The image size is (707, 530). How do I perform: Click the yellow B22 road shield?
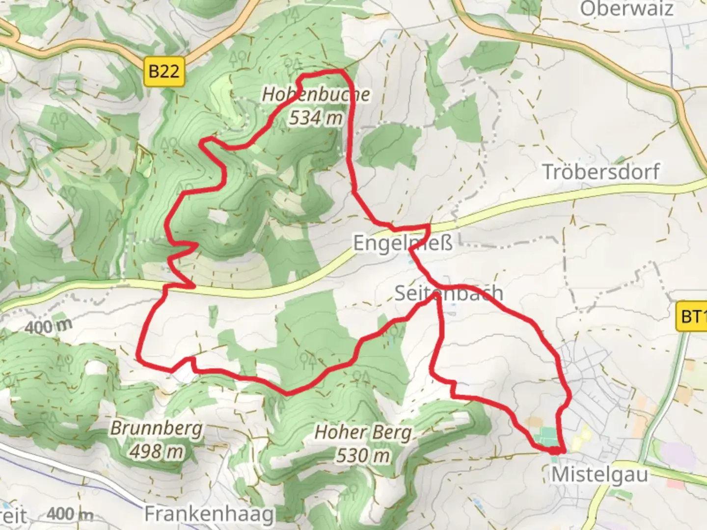click(x=164, y=72)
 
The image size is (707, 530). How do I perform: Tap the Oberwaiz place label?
click(x=626, y=9)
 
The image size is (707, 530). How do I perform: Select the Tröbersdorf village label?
click(x=601, y=172)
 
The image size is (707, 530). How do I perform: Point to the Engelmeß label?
click(x=403, y=243)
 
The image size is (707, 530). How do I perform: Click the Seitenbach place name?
click(x=449, y=293)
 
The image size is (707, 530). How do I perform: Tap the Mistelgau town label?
click(x=599, y=475)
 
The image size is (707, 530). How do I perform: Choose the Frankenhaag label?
click(x=209, y=514)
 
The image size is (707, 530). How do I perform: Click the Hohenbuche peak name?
click(x=316, y=94)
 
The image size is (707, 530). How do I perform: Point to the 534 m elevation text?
click(x=315, y=118)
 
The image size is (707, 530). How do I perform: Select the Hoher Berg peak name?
click(x=363, y=433)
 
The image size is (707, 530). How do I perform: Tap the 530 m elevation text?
click(x=363, y=456)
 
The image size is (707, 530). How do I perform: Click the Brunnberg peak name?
click(x=156, y=428)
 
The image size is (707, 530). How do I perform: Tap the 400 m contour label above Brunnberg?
click(x=48, y=326)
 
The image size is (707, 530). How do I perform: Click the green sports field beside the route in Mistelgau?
click(x=546, y=437)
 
